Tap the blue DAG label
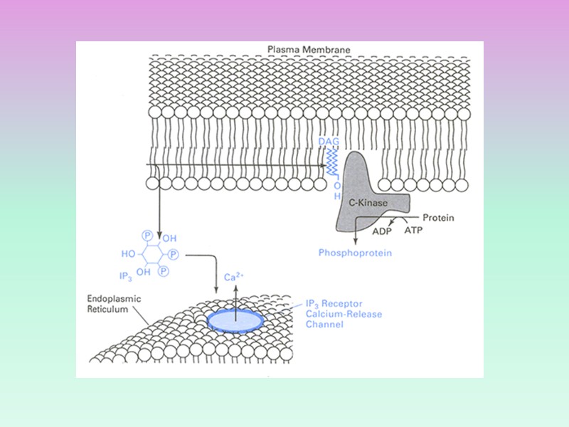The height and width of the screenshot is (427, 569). [331, 142]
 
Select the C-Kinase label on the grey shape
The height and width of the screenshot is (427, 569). [368, 203]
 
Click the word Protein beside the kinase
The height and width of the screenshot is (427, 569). [438, 218]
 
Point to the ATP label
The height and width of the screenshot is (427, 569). [413, 230]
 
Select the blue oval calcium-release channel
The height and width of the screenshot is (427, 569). [235, 321]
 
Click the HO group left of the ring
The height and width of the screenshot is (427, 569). [128, 253]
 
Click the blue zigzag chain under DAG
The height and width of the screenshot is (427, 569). [331, 164]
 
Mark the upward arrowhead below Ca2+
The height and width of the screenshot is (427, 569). [235, 287]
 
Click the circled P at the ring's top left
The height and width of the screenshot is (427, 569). [147, 235]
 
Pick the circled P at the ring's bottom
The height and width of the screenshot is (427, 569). [162, 271]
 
